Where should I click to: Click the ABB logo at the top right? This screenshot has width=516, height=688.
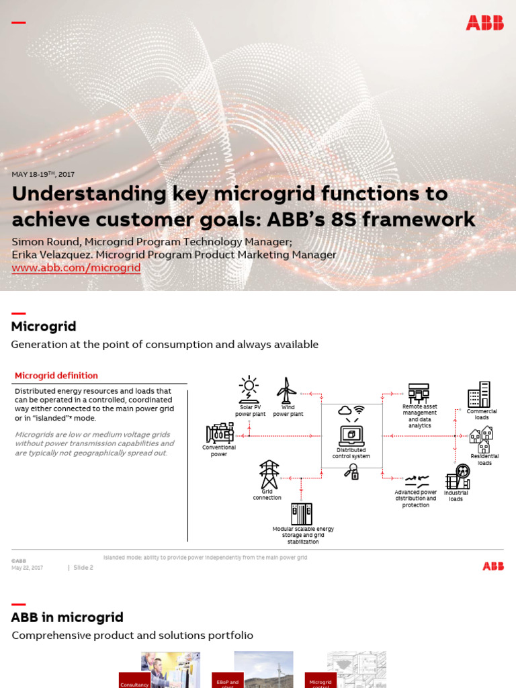[484, 24]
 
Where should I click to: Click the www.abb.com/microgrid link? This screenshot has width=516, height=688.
[76, 267]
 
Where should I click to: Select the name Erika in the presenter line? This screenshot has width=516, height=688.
[26, 255]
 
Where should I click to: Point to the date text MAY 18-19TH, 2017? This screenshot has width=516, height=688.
[43, 174]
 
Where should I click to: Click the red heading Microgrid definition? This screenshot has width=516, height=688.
[56, 376]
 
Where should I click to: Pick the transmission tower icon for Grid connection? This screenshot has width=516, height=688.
[269, 475]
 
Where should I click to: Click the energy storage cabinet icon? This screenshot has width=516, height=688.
[302, 514]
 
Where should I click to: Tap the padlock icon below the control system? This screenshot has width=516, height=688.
[351, 472]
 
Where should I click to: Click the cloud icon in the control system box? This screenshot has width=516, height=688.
[345, 410]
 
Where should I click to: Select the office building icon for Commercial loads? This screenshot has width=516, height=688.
[479, 394]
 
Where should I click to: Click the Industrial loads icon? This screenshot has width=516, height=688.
[458, 477]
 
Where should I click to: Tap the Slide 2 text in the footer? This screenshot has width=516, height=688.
[83, 568]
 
